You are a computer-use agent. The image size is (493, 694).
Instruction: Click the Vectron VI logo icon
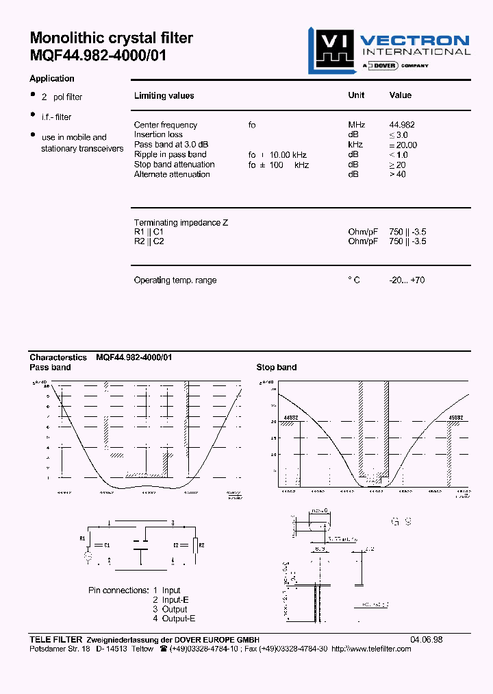click(x=329, y=50)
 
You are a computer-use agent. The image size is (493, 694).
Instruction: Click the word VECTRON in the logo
click(x=415, y=40)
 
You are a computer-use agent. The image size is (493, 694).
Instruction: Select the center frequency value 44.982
click(x=402, y=125)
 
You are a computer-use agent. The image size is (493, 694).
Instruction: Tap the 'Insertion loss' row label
click(x=158, y=134)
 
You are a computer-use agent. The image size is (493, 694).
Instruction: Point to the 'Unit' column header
click(x=356, y=95)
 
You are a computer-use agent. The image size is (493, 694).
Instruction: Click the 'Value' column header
click(x=401, y=95)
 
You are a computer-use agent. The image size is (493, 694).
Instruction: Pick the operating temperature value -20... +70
click(x=407, y=280)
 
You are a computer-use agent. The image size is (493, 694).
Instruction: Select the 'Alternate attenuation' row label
click(x=172, y=174)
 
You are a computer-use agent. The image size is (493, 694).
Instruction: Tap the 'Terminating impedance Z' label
click(x=181, y=223)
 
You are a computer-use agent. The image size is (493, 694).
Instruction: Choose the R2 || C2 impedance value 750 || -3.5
click(x=407, y=241)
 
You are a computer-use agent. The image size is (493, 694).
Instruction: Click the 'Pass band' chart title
click(x=50, y=368)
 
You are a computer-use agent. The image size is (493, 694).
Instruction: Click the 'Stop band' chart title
click(x=277, y=368)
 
